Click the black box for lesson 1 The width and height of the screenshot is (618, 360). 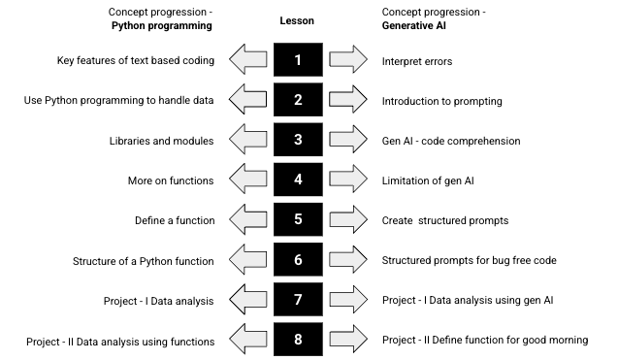pyautogui.click(x=298, y=60)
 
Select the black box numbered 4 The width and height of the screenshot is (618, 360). pyautogui.click(x=298, y=180)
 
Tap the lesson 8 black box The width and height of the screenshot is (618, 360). pyautogui.click(x=298, y=339)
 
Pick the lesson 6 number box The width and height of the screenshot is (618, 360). pyautogui.click(x=298, y=259)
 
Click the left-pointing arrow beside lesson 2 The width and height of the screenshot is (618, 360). pyautogui.click(x=247, y=100)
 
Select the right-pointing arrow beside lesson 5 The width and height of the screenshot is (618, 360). pyautogui.click(x=348, y=219)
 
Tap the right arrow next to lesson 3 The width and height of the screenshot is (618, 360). pyautogui.click(x=348, y=140)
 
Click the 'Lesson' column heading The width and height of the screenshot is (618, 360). pyautogui.click(x=297, y=19)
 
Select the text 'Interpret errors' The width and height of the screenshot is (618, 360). pyautogui.click(x=417, y=61)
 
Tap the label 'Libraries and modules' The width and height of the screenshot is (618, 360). pyautogui.click(x=162, y=141)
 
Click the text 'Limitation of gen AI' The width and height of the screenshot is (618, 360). pyautogui.click(x=429, y=180)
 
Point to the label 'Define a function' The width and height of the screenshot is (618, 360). pyautogui.click(x=174, y=220)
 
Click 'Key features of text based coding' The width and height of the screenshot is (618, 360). pyautogui.click(x=136, y=61)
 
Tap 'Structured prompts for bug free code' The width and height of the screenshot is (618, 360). pyautogui.click(x=468, y=260)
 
